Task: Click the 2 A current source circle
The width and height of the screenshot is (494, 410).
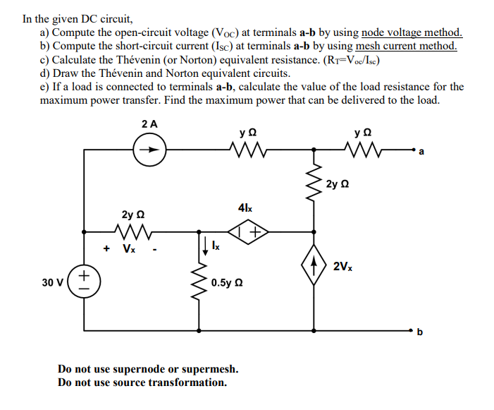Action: (x=150, y=150)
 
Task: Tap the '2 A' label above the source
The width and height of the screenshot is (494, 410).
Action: (x=149, y=123)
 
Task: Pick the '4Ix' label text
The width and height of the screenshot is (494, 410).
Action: (x=245, y=208)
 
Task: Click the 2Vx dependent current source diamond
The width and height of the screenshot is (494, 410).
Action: (x=314, y=266)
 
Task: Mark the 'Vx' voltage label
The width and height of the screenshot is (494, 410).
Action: (x=129, y=248)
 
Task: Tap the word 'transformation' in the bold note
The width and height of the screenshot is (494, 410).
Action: (x=188, y=382)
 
